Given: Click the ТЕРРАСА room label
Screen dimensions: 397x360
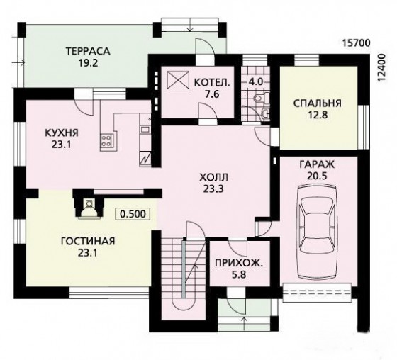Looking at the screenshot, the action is [88, 51].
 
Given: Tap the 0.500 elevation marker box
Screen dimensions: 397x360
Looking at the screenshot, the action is [133, 214].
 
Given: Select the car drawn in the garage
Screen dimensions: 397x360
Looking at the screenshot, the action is [318, 232].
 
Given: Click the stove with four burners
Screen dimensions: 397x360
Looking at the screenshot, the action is [106, 141].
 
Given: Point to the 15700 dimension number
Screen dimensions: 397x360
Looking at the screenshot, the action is [356, 43].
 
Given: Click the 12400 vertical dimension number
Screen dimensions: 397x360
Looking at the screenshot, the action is [382, 67].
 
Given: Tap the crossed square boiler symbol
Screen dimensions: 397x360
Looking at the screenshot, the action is [178, 80].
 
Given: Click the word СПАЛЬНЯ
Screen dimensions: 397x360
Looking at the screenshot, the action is [318, 103].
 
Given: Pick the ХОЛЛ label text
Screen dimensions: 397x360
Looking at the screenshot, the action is [213, 177].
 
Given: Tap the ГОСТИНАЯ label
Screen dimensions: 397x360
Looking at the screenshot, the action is [88, 241].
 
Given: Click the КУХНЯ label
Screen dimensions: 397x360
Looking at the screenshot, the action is [62, 133].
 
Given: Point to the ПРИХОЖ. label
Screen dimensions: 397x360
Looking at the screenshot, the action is [239, 264].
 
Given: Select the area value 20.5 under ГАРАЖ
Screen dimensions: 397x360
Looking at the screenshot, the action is [317, 176].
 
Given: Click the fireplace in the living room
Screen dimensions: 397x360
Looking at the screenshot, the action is [89, 204].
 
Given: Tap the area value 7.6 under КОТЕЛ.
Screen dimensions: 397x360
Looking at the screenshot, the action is [212, 94].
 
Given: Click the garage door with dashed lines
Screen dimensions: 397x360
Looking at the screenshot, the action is [317, 293].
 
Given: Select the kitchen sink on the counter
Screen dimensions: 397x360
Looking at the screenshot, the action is [145, 130].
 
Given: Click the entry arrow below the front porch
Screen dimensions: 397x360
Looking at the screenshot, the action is [244, 323].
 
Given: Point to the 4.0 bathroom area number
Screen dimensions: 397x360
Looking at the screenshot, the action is [255, 81].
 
